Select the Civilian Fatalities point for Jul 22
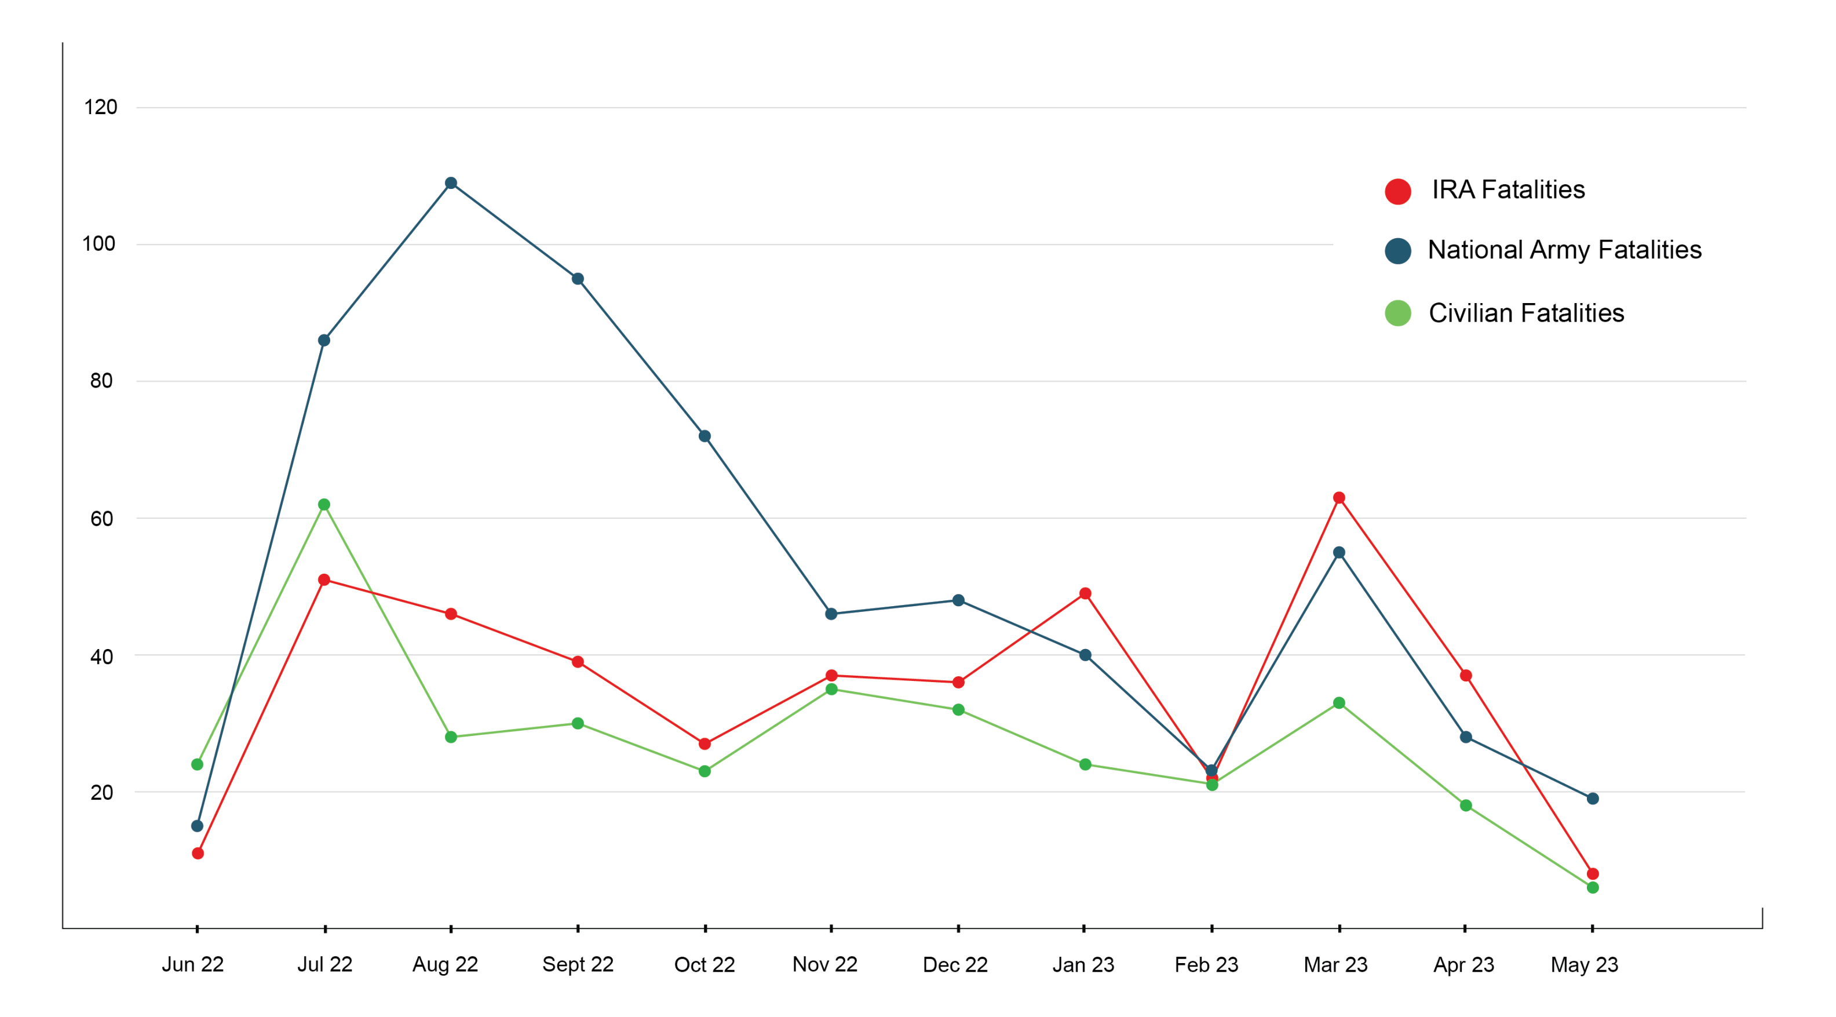coord(324,505)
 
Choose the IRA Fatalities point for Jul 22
coord(324,580)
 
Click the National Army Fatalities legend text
coord(1564,250)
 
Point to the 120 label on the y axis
coord(100,108)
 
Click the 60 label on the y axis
coord(101,519)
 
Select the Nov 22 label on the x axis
coord(824,964)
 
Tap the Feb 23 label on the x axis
coord(1206,964)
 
